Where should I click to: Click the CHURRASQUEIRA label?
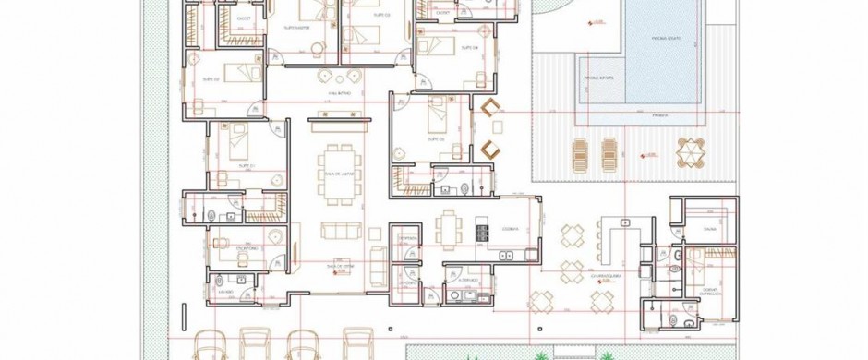(603, 275)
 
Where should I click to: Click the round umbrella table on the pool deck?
(690, 150)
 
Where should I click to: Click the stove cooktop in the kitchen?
(481, 230)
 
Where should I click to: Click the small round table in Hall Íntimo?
(323, 77)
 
